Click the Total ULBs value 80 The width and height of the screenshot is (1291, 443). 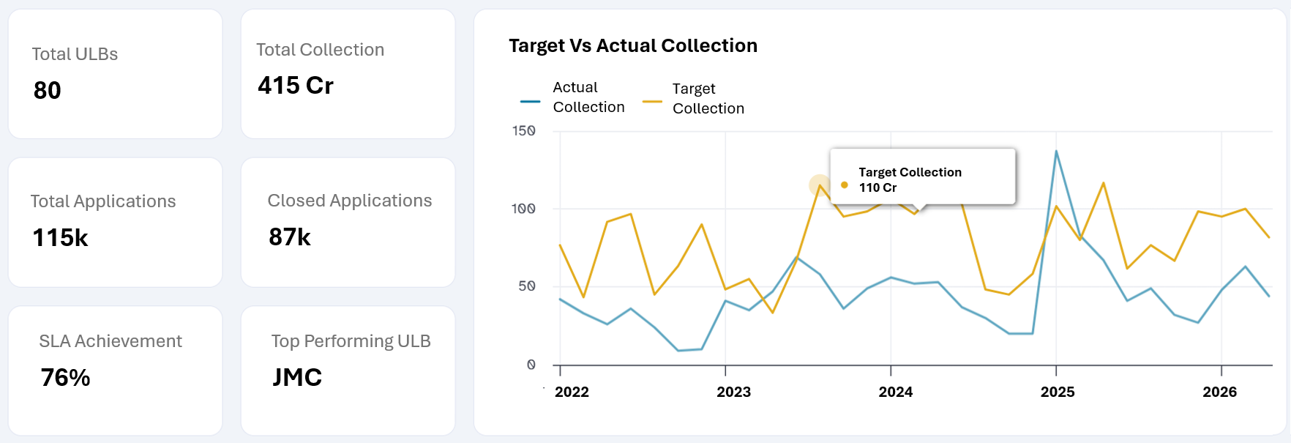click(x=48, y=91)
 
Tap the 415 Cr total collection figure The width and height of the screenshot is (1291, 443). click(x=296, y=86)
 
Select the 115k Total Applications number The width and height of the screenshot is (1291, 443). click(x=61, y=238)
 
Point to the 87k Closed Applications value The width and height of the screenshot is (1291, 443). click(x=290, y=237)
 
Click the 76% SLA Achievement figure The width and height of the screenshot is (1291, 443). click(x=66, y=378)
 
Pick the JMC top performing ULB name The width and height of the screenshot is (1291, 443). click(x=297, y=377)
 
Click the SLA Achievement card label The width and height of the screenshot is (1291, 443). click(x=111, y=341)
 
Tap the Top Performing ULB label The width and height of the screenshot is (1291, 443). click(x=351, y=341)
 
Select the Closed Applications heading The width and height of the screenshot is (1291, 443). click(x=350, y=201)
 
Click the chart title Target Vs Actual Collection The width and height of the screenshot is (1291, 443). click(x=633, y=45)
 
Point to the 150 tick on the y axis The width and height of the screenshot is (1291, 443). click(x=524, y=131)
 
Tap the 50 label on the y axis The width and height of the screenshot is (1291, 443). click(x=527, y=286)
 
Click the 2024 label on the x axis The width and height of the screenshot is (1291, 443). click(x=895, y=392)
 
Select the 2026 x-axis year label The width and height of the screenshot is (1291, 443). click(x=1219, y=392)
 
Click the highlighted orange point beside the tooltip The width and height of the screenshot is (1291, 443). click(x=820, y=185)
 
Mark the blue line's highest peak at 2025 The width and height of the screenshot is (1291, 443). click(x=1056, y=151)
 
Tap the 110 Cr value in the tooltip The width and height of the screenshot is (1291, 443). click(x=877, y=187)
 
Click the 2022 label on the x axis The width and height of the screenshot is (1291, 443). click(x=572, y=392)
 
